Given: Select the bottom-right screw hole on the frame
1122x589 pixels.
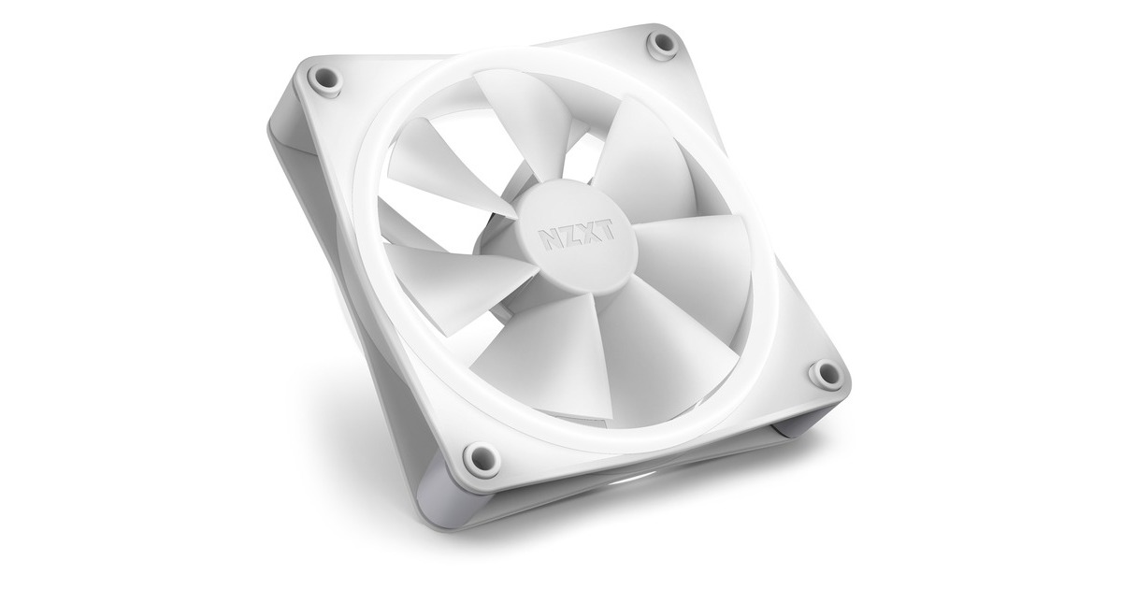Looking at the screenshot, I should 826,373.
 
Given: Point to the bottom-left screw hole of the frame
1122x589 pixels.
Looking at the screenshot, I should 480,457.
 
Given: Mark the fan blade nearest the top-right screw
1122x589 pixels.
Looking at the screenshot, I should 645,159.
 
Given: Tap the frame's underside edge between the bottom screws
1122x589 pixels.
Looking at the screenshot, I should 654,467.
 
